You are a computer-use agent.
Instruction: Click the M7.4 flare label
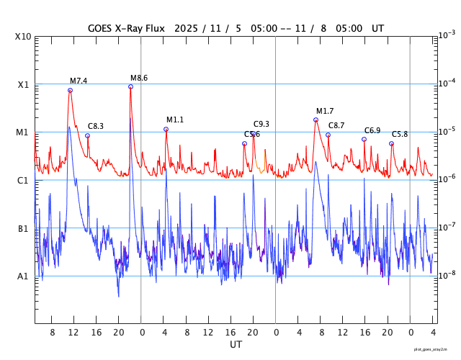pos(79,81)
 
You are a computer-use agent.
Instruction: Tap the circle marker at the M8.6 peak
pos(130,86)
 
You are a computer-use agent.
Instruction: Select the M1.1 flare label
pos(175,120)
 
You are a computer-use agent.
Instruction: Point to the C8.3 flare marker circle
pos(87,135)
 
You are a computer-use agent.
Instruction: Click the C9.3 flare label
pos(261,125)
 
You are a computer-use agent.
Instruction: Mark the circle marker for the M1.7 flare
pos(315,120)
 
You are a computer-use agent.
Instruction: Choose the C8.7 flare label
pos(336,126)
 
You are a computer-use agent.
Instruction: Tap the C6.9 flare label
pos(372,130)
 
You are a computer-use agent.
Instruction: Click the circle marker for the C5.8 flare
pos(391,143)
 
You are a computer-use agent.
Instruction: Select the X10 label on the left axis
pos(24,37)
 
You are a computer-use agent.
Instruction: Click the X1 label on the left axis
pos(24,84)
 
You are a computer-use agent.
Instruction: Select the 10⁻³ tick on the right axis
pos(447,35)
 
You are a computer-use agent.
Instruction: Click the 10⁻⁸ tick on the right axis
pos(447,275)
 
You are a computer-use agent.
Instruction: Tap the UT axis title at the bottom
pos(236,345)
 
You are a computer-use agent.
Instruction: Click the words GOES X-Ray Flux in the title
pos(126,28)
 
